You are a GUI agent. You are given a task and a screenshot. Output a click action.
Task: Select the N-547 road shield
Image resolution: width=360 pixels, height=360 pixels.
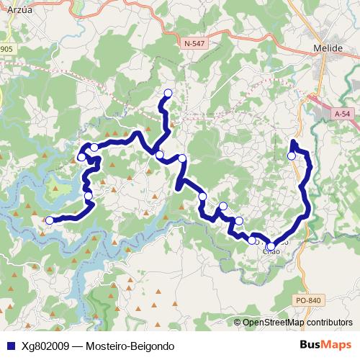pyautogui.click(x=194, y=43)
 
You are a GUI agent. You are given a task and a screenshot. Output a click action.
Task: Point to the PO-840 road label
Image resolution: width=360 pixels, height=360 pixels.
pyautogui.click(x=307, y=300)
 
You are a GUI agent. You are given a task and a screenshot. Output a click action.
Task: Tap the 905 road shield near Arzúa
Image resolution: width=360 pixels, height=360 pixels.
pyautogui.click(x=6, y=49)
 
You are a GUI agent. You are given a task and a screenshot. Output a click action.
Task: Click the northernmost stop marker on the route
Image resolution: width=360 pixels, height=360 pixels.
pyautogui.click(x=168, y=92)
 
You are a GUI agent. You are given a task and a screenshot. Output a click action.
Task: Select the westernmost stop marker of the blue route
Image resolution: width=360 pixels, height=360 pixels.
pyautogui.click(x=50, y=220)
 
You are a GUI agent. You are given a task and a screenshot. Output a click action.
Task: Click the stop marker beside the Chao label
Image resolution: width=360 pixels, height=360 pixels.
pyautogui.click(x=271, y=246)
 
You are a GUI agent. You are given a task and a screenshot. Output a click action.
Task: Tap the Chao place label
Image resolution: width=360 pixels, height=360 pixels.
pyautogui.click(x=271, y=251)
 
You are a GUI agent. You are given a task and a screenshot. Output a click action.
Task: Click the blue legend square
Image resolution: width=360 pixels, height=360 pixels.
pyautogui.click(x=9, y=346)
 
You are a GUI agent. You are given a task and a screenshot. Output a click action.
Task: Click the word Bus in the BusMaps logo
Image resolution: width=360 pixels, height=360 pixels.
pyautogui.click(x=310, y=346)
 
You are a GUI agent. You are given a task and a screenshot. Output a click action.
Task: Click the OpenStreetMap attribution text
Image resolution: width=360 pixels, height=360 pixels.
pyautogui.click(x=274, y=323)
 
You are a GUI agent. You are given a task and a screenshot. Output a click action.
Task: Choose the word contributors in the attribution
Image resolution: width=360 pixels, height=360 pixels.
pyautogui.click(x=329, y=323)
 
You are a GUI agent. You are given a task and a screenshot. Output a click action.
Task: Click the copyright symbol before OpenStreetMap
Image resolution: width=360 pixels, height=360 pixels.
pyautogui.click(x=238, y=323)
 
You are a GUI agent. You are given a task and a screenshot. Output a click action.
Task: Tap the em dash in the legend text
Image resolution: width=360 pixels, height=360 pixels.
pyautogui.click(x=77, y=346)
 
